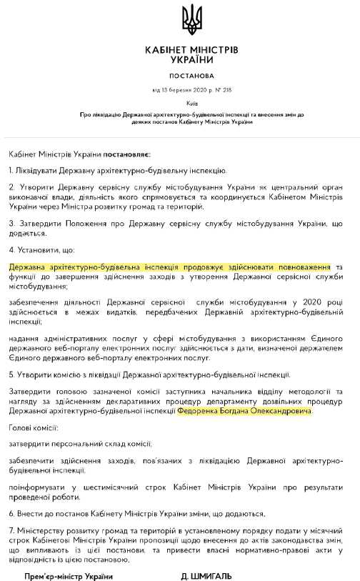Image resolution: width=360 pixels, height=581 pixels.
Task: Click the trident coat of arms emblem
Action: click(x=191, y=19)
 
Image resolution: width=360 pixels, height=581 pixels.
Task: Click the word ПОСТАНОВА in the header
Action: click(x=191, y=75)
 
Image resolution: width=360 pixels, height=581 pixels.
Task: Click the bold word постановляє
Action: click(x=127, y=153)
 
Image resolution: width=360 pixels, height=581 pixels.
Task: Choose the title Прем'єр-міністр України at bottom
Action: click(x=69, y=575)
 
